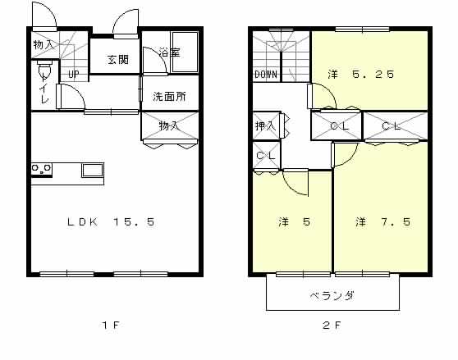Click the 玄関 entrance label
pyautogui.click(x=118, y=60)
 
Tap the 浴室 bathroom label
pyautogui.click(x=169, y=52)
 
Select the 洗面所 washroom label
pyautogui.click(x=169, y=97)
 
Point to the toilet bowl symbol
pyautogui.click(x=44, y=68)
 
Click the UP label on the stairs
pyautogui.click(x=74, y=75)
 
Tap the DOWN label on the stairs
pyautogui.click(x=265, y=75)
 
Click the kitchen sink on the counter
pyautogui.click(x=92, y=171)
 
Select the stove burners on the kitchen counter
pyautogui.click(x=42, y=170)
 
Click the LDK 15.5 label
pyautogui.click(x=111, y=222)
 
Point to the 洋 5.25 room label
pyautogui.click(x=360, y=74)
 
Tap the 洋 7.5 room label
pyautogui.click(x=383, y=222)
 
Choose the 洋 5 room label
pyautogui.click(x=294, y=222)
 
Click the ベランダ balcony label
pyautogui.click(x=332, y=296)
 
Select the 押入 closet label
pyautogui.click(x=265, y=126)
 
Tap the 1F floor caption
pyautogui.click(x=111, y=325)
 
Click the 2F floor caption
pyautogui.click(x=332, y=325)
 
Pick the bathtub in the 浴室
pyautogui.click(x=185, y=52)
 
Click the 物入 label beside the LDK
pyautogui.click(x=168, y=126)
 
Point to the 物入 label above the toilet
pyautogui.click(x=44, y=45)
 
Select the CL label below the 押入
pyautogui.click(x=265, y=156)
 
